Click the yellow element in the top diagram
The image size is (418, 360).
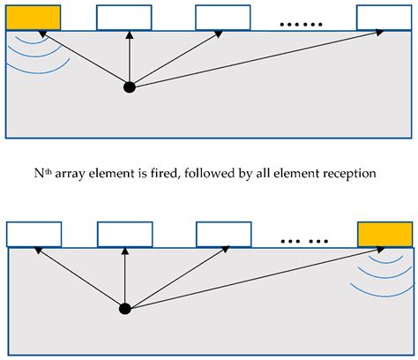tap(34, 17)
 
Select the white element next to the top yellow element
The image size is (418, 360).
tap(124, 17)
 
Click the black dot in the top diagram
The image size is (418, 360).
tap(130, 86)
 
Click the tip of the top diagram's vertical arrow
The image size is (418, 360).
tap(130, 34)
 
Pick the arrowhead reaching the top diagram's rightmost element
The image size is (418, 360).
tap(380, 34)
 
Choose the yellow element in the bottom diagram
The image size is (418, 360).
tap(384, 234)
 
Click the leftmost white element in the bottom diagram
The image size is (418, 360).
tap(34, 234)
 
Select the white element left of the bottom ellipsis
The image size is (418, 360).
tap(223, 234)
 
